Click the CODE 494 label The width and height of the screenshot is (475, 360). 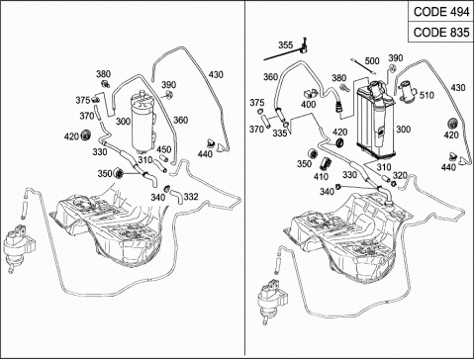[441, 12]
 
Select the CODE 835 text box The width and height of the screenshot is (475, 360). [441, 33]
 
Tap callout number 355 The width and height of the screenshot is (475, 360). [285, 45]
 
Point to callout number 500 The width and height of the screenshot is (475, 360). [372, 61]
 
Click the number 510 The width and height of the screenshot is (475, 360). [427, 95]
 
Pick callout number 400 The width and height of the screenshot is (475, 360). [308, 105]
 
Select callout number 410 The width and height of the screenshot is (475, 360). [321, 177]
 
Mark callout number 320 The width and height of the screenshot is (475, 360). [400, 175]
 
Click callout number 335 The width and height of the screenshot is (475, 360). [280, 134]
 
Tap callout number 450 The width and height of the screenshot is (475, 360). [164, 149]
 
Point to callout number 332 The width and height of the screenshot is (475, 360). [191, 197]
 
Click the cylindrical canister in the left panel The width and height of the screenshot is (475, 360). [142, 123]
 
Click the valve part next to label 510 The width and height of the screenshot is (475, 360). [408, 91]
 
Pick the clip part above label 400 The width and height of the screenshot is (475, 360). [311, 93]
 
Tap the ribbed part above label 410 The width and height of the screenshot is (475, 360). [326, 163]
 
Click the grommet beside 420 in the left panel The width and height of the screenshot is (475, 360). [86, 135]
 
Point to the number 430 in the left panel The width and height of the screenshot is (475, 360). [216, 75]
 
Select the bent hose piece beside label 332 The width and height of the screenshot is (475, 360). [177, 196]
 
